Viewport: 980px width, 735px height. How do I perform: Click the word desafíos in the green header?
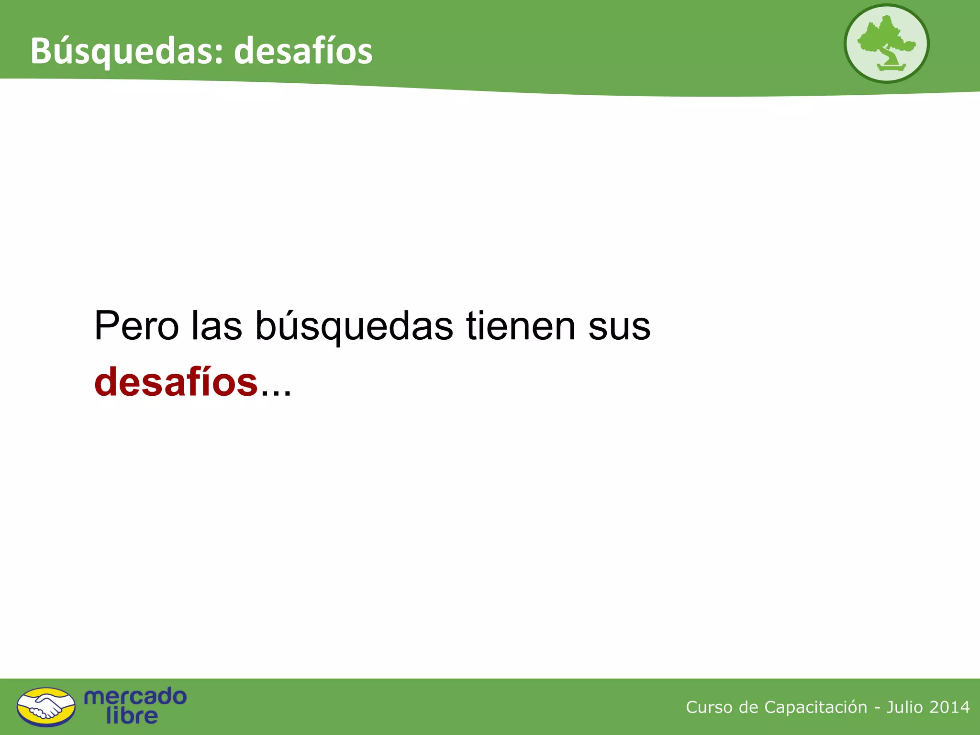point(303,51)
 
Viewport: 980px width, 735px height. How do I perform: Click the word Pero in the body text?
point(136,326)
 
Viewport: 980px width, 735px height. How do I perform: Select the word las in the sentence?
point(217,326)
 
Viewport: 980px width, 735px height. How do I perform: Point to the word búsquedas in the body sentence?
point(354,327)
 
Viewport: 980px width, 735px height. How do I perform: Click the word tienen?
point(521,326)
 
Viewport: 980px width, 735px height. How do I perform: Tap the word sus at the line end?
point(619,327)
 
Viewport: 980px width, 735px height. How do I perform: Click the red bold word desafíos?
point(176,382)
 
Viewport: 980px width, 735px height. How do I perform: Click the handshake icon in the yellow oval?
point(46,707)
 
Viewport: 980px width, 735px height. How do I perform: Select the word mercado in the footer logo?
point(135,696)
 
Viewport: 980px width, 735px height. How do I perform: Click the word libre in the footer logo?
point(132,716)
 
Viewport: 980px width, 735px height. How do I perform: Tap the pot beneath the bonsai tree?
point(891,68)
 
